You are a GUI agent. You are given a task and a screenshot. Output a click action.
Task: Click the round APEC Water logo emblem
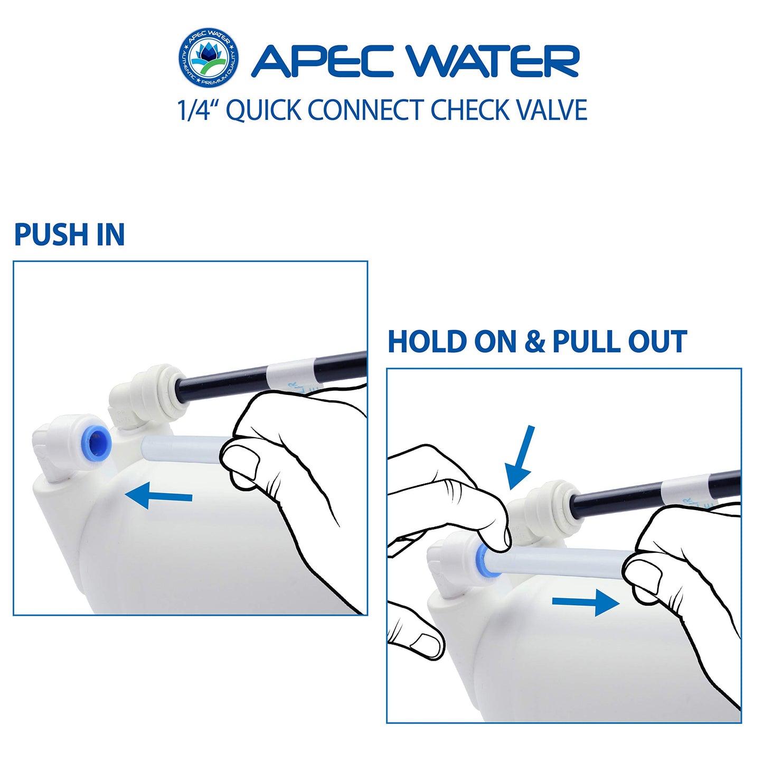click(x=208, y=58)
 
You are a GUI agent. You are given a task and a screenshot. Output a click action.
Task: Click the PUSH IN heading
click(x=69, y=234)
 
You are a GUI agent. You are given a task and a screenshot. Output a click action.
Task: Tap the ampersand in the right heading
click(x=534, y=342)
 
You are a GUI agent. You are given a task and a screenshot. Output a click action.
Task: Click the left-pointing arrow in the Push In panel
click(x=158, y=496)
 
